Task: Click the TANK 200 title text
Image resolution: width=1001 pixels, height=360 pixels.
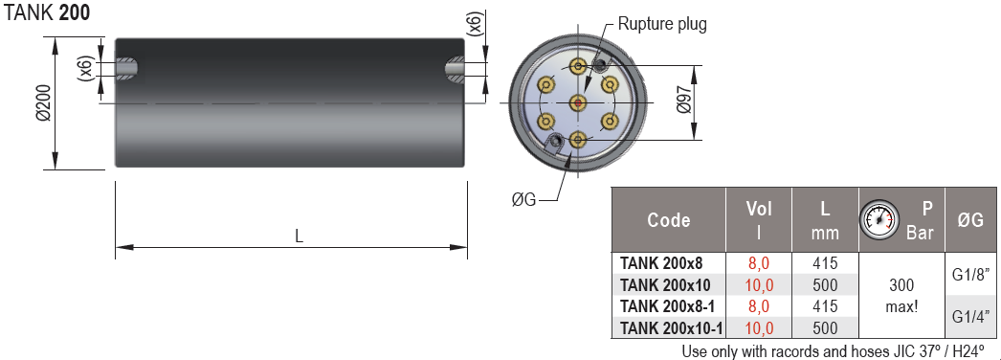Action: coord(48,16)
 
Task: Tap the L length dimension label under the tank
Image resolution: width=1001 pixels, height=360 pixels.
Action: coord(299,236)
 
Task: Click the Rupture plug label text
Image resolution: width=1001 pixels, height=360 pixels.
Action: coord(662,24)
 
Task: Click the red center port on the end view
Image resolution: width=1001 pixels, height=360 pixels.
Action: coord(577,102)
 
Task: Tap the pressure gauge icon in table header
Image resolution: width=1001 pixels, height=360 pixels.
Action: coord(878,220)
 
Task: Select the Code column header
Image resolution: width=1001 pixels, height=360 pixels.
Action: coord(668,220)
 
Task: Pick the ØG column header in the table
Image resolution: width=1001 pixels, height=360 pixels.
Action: coord(969,220)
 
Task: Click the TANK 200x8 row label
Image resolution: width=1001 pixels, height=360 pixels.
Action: coord(660,263)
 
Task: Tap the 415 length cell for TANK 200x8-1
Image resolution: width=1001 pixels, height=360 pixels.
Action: coord(825,306)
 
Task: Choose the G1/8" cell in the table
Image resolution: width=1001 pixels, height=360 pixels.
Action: coord(969,274)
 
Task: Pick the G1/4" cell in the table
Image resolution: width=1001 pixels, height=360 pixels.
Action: coord(969,317)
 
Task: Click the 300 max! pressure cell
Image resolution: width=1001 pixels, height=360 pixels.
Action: coord(901,296)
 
